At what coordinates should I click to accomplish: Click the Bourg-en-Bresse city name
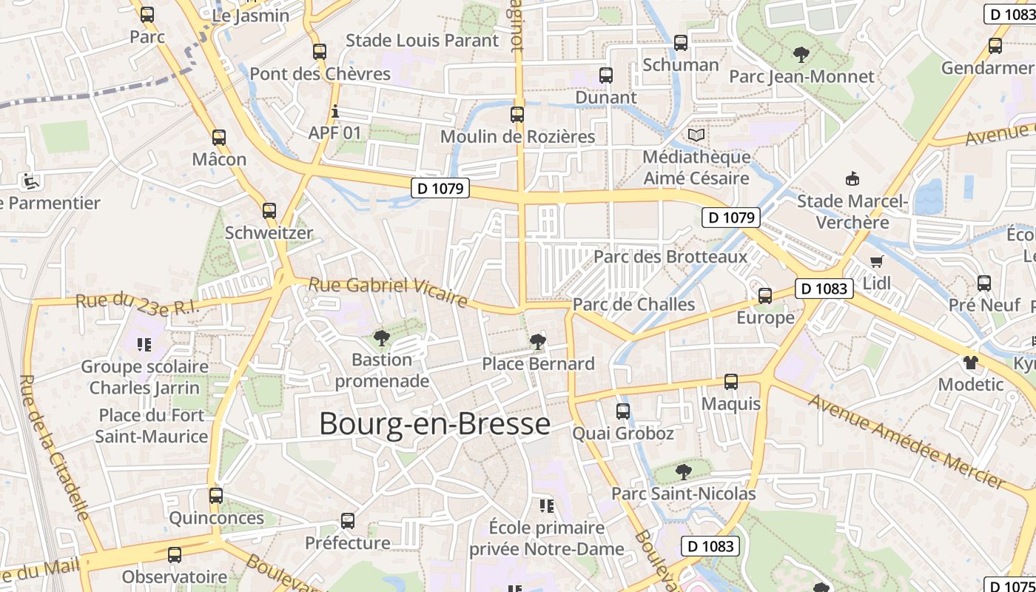pos(435,424)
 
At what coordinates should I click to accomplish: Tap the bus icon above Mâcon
pos(219,137)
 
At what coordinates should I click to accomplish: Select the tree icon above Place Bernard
pos(538,342)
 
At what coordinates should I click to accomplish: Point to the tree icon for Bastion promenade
pos(382,339)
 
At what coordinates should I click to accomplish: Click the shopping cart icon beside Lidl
pos(877,261)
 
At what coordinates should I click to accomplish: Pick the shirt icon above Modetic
pos(970,363)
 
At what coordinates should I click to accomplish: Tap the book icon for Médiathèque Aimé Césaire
pos(696,135)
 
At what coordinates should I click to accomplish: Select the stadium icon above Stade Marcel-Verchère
pos(852,178)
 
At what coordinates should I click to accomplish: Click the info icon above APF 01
pos(335,112)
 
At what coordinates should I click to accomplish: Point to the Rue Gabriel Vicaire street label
pos(388,291)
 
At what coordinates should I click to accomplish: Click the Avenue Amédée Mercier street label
pos(906,442)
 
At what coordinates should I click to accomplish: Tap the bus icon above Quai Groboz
pos(623,411)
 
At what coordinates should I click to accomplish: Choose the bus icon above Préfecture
pos(348,521)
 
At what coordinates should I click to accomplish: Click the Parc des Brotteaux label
pos(670,257)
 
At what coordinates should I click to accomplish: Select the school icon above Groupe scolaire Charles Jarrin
pos(144,344)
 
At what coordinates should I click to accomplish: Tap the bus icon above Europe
pos(765,296)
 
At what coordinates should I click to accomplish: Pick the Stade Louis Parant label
pos(423,41)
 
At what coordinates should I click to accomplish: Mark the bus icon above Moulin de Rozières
pos(517,115)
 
